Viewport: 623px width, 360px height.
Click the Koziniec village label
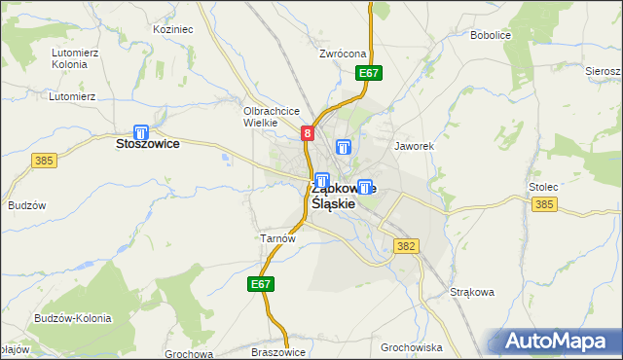173,29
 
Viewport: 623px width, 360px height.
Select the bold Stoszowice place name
147,143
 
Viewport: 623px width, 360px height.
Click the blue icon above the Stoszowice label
141,132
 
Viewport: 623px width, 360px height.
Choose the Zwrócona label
342,54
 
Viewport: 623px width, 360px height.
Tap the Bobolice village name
491,35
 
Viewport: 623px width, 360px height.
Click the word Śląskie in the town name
332,204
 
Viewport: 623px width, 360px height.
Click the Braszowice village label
278,352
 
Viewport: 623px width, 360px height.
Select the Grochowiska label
412,346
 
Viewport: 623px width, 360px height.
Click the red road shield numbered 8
308,133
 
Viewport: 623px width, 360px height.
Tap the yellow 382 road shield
407,247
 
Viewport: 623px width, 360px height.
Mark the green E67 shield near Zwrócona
368,73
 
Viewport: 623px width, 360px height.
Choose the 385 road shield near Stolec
544,203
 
